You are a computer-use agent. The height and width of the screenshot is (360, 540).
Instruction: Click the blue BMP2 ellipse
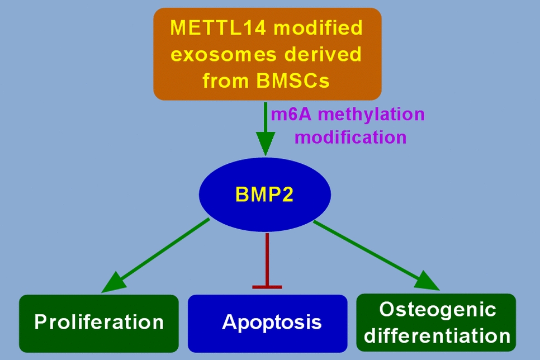coord(265,195)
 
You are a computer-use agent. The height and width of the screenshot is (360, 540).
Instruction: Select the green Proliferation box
coord(99,323)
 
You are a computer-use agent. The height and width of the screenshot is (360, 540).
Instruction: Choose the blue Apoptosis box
coord(267,323)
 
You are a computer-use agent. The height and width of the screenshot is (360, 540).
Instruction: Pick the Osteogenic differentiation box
coord(436,323)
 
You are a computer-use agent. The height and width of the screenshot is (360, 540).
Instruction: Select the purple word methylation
coord(370,115)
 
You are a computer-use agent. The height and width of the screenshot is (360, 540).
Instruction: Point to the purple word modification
coord(350,137)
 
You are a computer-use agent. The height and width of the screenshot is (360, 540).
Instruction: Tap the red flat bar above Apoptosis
coord(267,287)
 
